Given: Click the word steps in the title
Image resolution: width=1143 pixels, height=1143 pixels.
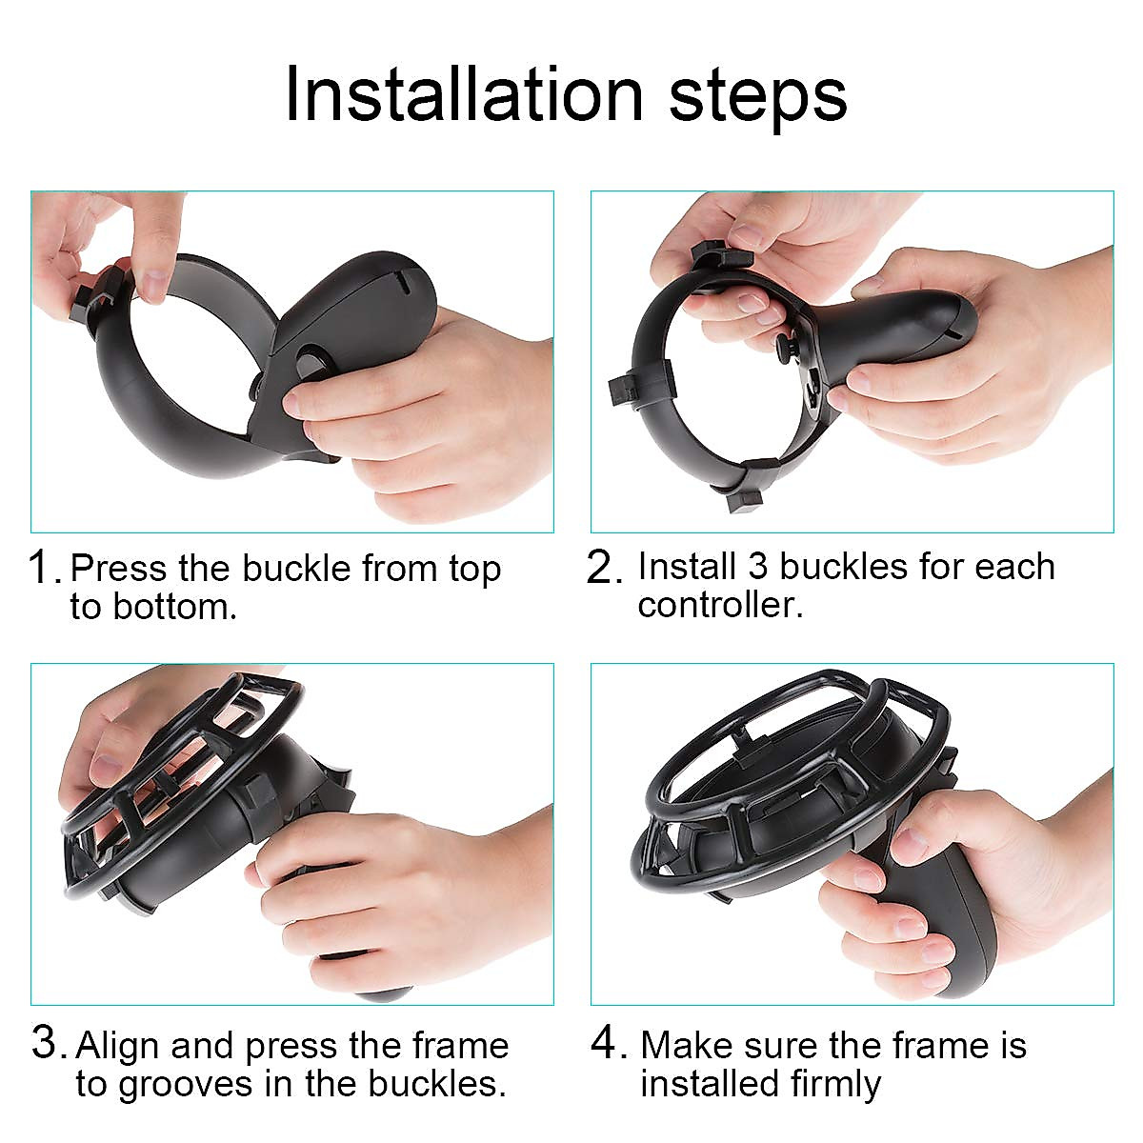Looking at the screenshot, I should (x=757, y=95).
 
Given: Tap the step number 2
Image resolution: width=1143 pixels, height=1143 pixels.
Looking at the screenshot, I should (x=604, y=568).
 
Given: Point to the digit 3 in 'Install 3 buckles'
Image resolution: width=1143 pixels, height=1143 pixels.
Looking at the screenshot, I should (x=757, y=566).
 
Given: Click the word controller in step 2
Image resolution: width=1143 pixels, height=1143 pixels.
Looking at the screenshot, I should (x=719, y=605).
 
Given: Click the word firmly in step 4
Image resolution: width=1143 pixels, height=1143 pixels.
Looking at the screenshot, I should (x=834, y=1084).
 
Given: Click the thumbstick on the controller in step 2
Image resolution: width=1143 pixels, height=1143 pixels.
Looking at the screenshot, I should (x=787, y=345).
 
